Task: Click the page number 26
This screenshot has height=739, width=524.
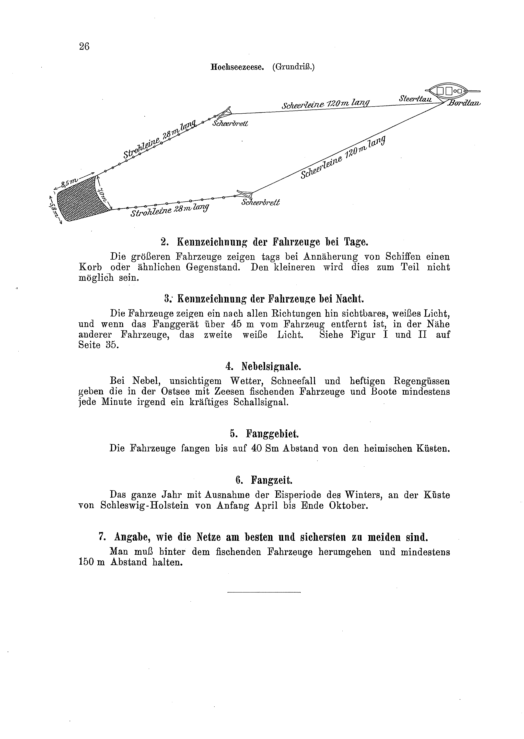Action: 84,47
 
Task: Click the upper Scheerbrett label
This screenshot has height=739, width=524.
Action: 230,123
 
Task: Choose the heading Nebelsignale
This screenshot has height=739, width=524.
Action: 271,366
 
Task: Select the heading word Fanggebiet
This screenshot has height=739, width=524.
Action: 272,433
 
